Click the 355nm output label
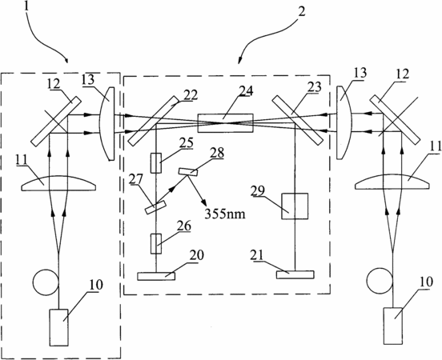click(x=225, y=214)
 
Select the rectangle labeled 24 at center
click(x=226, y=123)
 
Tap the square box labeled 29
click(x=295, y=206)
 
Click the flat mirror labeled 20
click(x=156, y=276)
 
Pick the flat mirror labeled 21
click(x=295, y=275)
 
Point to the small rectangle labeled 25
click(x=156, y=163)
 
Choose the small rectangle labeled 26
click(x=156, y=244)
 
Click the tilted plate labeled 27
click(x=155, y=207)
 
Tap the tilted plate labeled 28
click(x=188, y=172)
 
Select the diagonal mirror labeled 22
click(x=154, y=121)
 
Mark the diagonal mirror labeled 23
click(x=297, y=121)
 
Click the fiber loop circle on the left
click(x=46, y=282)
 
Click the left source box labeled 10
click(x=59, y=327)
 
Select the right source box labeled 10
click(x=393, y=326)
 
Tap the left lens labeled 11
click(x=58, y=184)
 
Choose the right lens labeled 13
click(x=344, y=123)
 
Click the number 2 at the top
click(x=301, y=12)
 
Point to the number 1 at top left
click(x=27, y=6)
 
